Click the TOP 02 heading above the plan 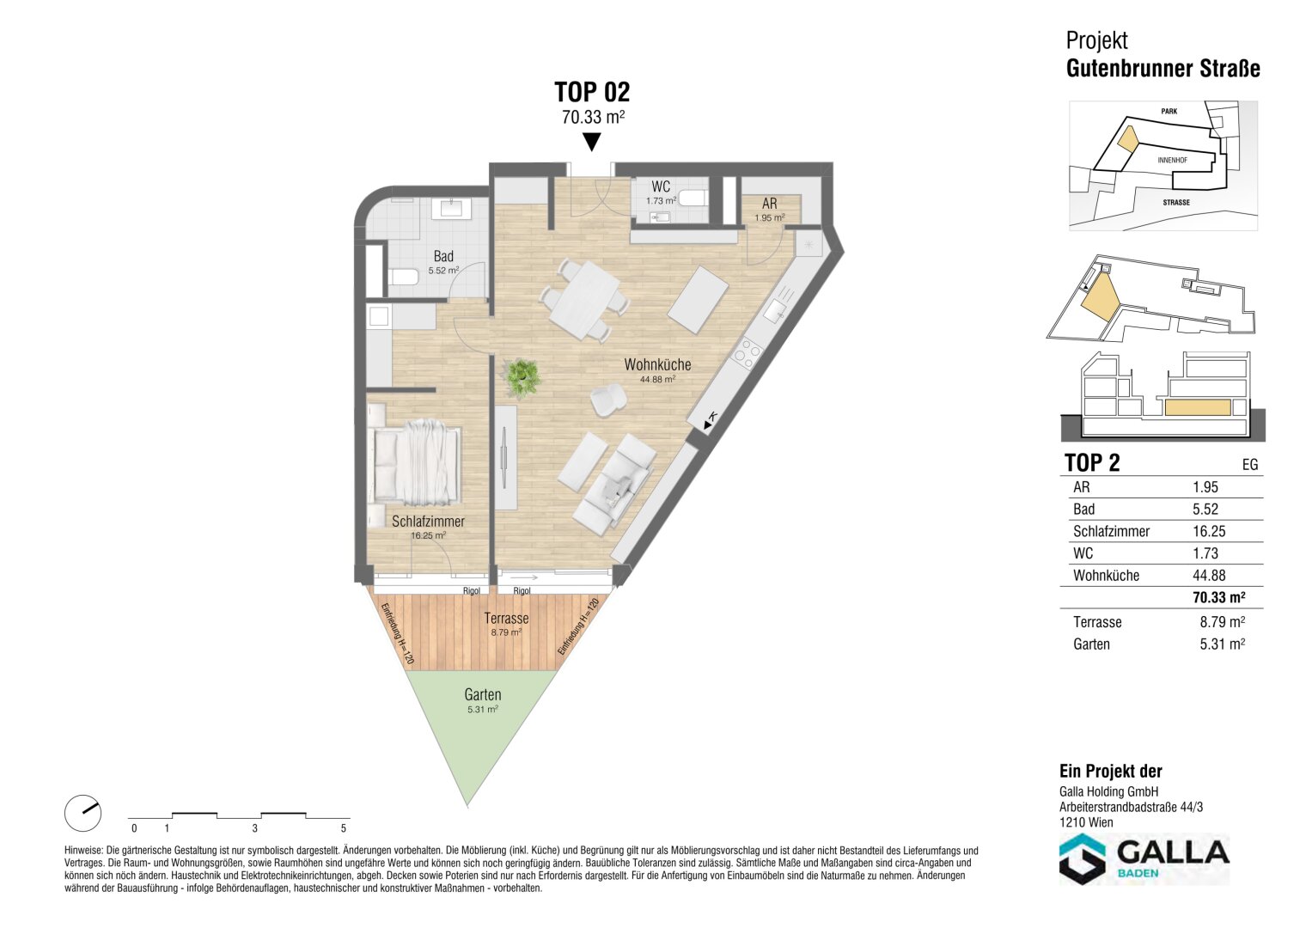[x=592, y=93]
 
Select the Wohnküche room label [x=657, y=364]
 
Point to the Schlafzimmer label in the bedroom [x=428, y=521]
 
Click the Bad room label [x=443, y=256]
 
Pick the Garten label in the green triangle [x=483, y=695]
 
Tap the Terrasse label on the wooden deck [x=506, y=618]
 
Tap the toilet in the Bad [x=403, y=277]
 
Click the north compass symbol [x=82, y=813]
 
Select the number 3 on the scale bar [x=255, y=828]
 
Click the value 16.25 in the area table [x=1209, y=531]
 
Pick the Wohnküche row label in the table [x=1106, y=576]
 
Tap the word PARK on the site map [x=1169, y=111]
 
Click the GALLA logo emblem [x=1083, y=859]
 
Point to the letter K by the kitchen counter [x=712, y=416]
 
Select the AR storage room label [x=769, y=204]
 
